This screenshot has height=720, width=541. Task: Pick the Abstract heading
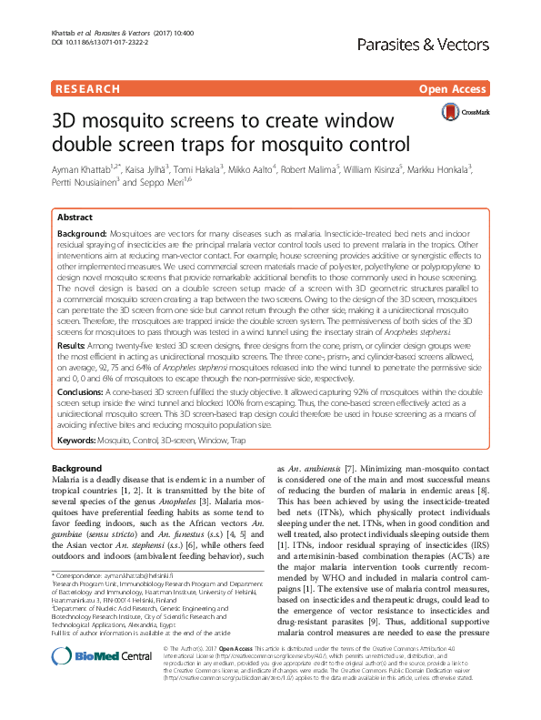point(75,218)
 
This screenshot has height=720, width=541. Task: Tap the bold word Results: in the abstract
point(73,348)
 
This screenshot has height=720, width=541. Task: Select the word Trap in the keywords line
point(237,440)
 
